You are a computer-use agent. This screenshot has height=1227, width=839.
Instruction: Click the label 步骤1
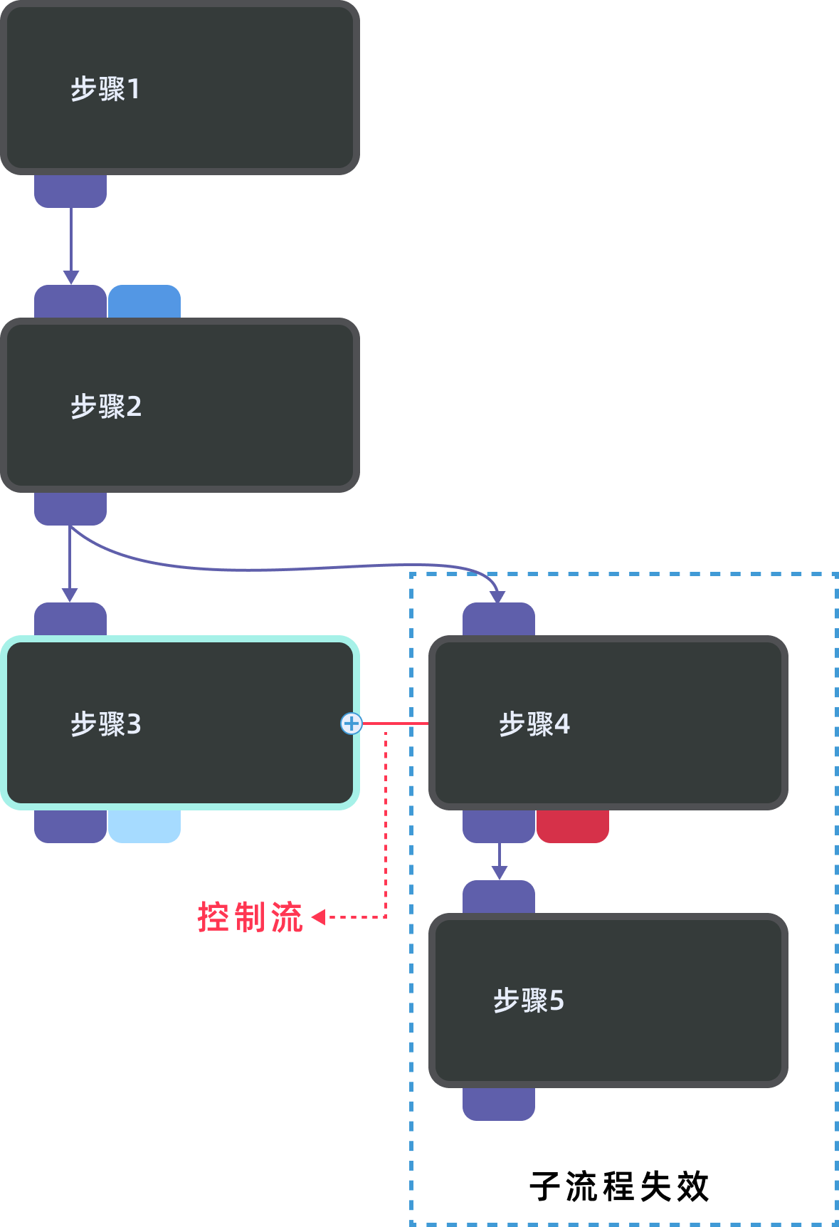click(x=105, y=89)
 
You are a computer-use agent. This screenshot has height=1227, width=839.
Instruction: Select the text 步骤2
click(x=106, y=407)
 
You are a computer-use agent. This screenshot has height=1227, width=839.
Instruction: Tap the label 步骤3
click(x=106, y=724)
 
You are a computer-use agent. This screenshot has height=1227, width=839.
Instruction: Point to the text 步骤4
click(x=534, y=724)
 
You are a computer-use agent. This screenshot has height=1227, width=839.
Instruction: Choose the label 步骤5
click(x=529, y=1001)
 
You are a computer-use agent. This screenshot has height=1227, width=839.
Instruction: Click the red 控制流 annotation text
click(x=250, y=917)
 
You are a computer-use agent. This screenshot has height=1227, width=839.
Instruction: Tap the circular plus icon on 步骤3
click(x=352, y=724)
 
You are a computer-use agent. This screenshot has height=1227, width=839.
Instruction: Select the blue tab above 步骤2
click(x=144, y=302)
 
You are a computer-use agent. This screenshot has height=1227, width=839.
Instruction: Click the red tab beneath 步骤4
click(x=573, y=826)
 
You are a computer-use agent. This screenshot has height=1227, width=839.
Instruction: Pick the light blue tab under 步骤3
click(x=144, y=826)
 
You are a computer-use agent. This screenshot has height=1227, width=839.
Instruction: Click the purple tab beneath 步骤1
click(x=70, y=191)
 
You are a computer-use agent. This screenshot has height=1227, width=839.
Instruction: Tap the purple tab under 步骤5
click(x=499, y=1104)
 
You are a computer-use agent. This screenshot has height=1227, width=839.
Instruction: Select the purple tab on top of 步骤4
click(x=499, y=620)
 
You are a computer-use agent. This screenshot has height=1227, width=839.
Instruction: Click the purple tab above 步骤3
click(x=70, y=620)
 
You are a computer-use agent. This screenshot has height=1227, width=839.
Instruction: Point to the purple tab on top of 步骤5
click(x=499, y=897)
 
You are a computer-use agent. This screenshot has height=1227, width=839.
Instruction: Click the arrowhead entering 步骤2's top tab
click(x=70, y=277)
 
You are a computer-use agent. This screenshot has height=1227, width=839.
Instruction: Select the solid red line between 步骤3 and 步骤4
click(x=395, y=724)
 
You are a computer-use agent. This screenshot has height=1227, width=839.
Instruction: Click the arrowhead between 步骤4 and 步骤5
click(x=500, y=872)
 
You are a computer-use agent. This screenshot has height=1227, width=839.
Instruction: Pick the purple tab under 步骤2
click(x=70, y=508)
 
